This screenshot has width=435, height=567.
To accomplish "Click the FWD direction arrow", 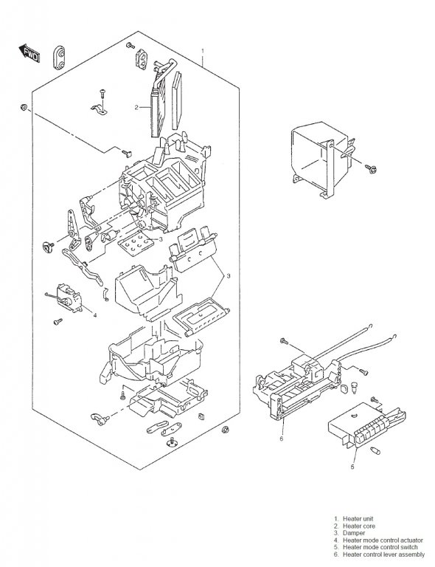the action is pos(29,53).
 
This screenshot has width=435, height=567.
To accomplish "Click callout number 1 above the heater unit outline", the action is pos(203,51).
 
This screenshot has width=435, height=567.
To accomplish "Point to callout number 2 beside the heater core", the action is pos(136,107).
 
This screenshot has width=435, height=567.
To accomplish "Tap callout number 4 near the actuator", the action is pos(95,315).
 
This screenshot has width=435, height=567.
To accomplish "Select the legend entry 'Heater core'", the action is pos(358,526).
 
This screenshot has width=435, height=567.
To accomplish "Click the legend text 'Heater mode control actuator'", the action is pos(383,540).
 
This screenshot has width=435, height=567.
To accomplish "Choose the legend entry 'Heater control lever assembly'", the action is pos(383,554).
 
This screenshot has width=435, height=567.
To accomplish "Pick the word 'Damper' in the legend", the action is pos(354,532).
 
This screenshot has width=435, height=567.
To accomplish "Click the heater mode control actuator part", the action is pos(69,298).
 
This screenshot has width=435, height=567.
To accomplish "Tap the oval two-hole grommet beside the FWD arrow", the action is pos(60,57).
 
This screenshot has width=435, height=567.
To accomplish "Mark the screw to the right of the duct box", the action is pos(371,168).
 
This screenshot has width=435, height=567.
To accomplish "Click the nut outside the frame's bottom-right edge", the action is pos(226,430).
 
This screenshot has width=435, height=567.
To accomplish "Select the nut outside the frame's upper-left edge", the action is pos(24,107).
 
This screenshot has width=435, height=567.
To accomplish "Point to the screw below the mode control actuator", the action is pos(58,321).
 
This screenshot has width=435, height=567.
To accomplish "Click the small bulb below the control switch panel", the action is pos(375,450).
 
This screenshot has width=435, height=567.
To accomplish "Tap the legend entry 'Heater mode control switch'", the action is pos(380,547).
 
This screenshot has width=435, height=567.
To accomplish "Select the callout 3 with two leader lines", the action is pos(228,276).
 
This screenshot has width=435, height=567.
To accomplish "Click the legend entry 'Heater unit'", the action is pos(358,518).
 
